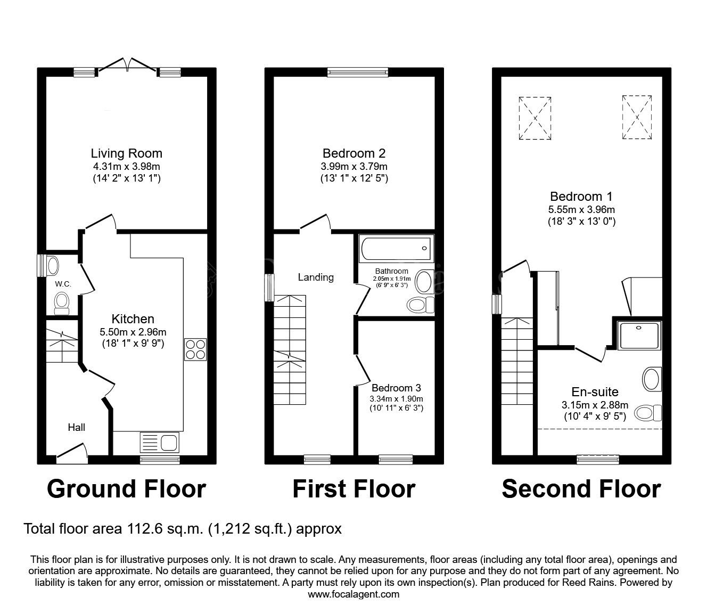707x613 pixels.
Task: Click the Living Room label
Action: click(x=126, y=154)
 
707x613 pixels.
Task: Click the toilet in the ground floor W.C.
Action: click(x=62, y=302)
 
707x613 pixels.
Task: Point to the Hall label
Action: click(x=76, y=427)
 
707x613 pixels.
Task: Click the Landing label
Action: click(x=316, y=277)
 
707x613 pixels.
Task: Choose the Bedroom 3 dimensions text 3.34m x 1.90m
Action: click(x=397, y=398)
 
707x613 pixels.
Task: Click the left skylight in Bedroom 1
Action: click(x=535, y=118)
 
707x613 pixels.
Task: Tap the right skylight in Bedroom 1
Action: click(x=637, y=117)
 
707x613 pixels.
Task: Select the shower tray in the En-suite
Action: click(x=639, y=335)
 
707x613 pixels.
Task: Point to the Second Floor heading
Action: click(x=581, y=489)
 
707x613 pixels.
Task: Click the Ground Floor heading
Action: click(x=126, y=489)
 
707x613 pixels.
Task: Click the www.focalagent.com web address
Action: click(x=353, y=594)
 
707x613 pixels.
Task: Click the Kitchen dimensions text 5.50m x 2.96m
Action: click(x=133, y=332)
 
